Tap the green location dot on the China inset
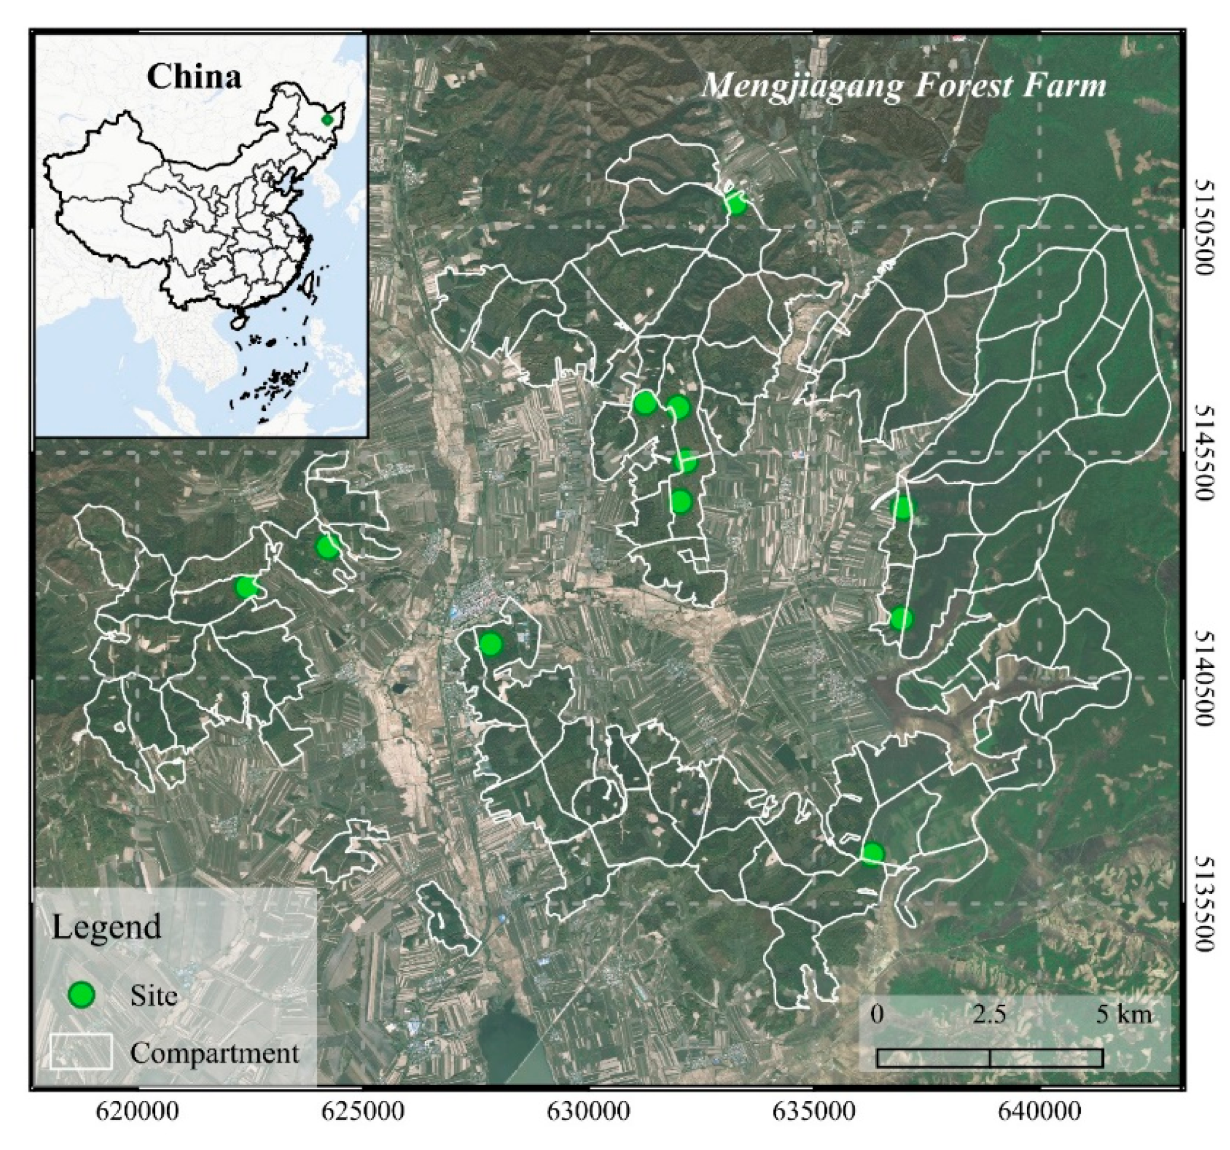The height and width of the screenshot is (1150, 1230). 327,119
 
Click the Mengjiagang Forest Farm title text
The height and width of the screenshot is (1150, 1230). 903,86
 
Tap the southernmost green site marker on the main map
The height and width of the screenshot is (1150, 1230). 872,854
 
